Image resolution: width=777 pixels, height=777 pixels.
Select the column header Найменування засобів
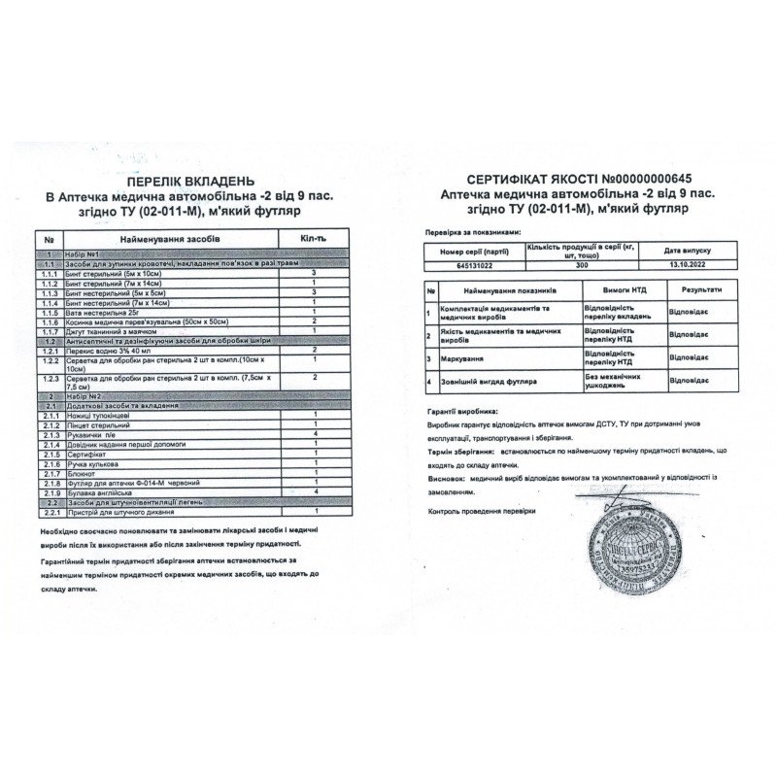(170, 238)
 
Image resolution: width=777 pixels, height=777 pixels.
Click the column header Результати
(700, 289)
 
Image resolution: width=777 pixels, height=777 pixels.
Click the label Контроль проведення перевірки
(482, 510)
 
